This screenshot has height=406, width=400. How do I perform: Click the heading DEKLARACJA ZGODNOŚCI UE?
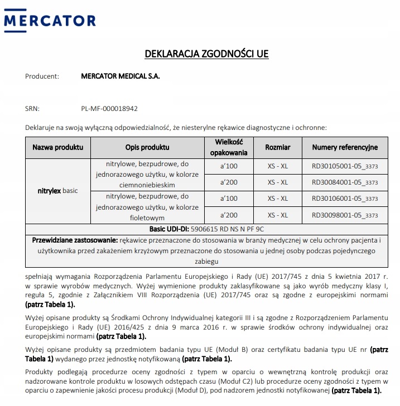pyautogui.click(x=206, y=54)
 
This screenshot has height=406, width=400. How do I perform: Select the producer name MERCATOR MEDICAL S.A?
pyautogui.click(x=120, y=76)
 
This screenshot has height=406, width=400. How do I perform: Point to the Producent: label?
pyautogui.click(x=42, y=76)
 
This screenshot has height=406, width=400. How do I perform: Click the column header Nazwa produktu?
pyautogui.click(x=58, y=147)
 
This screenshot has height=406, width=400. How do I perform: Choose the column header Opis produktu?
pyautogui.click(x=147, y=147)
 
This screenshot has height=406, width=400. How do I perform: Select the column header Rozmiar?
pyautogui.click(x=277, y=147)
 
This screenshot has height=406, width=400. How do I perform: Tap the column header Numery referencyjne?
pyautogui.click(x=345, y=147)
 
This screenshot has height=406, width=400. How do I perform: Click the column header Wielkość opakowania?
pyautogui.click(x=228, y=147)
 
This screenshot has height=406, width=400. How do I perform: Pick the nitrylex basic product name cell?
pyautogui.click(x=58, y=191)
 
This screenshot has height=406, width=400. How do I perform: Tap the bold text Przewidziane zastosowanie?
pyautogui.click(x=75, y=240)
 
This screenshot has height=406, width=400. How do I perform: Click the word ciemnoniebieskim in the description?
pyautogui.click(x=147, y=185)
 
